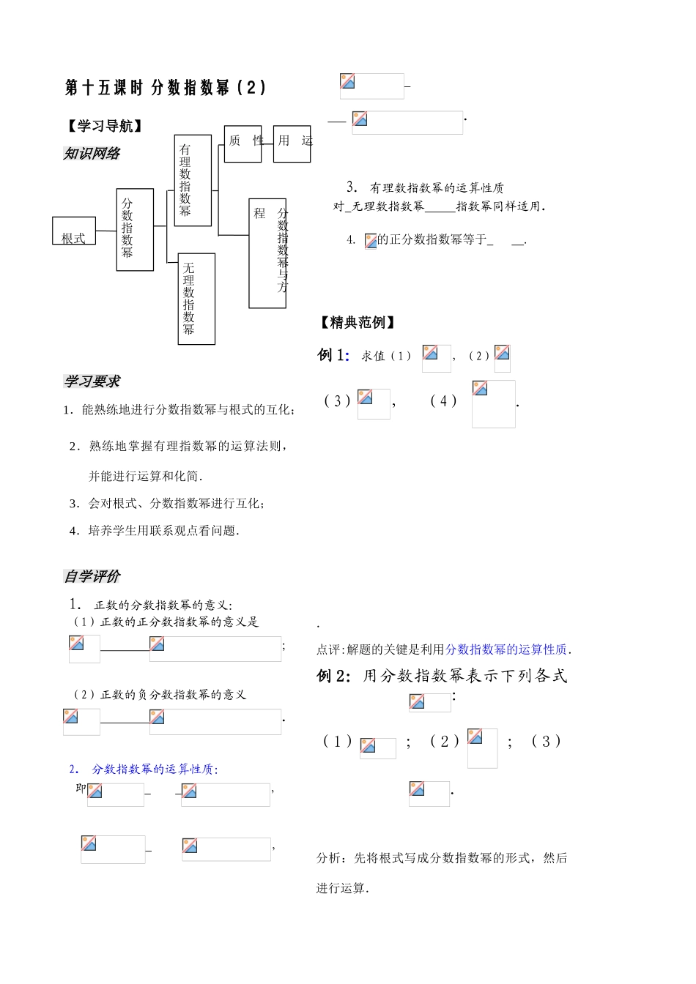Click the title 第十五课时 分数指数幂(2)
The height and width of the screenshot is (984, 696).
(x=166, y=89)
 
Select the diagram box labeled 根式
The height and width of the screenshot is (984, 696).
(x=74, y=231)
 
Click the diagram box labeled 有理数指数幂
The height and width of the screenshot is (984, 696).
(x=193, y=180)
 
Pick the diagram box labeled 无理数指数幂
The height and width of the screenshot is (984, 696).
(x=196, y=299)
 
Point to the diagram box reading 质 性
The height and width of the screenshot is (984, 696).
(x=243, y=143)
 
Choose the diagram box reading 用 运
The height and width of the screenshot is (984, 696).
(x=292, y=143)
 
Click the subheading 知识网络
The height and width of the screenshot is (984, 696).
(x=92, y=154)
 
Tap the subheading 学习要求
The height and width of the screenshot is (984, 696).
(x=92, y=381)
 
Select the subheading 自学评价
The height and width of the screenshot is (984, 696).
(x=92, y=577)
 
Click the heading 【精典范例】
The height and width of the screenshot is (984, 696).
(x=357, y=323)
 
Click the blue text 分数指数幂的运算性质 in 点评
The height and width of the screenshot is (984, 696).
(x=506, y=649)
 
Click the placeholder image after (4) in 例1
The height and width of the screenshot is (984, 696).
(x=493, y=403)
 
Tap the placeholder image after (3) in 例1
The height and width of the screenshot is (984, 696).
(x=374, y=403)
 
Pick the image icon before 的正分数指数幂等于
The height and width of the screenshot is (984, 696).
(x=371, y=241)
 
